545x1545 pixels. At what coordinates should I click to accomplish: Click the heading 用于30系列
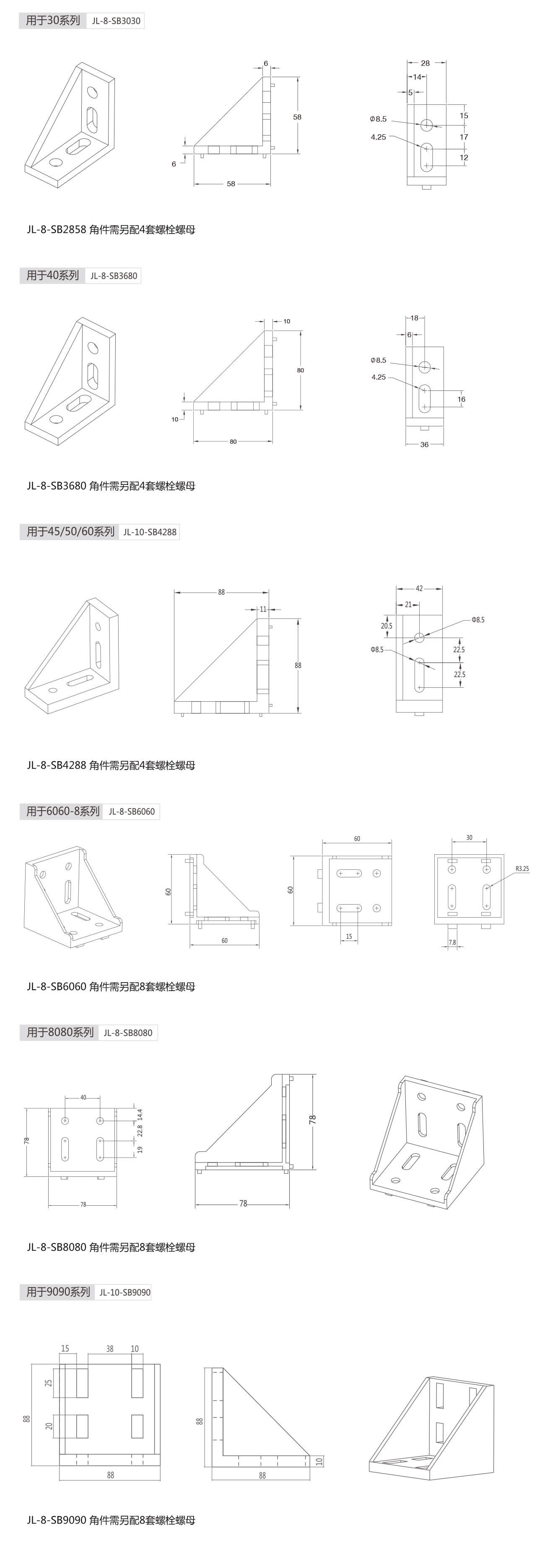tap(53, 21)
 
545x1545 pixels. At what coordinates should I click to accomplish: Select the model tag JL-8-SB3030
tap(116, 21)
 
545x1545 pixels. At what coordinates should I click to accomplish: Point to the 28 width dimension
tap(425, 63)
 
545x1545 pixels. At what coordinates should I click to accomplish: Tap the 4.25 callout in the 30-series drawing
tap(378, 137)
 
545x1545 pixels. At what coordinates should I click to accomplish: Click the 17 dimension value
tap(464, 137)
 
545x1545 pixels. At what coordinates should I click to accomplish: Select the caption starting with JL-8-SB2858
tap(111, 229)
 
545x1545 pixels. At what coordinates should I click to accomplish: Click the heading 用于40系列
tap(53, 276)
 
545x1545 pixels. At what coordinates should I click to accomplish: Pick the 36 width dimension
tap(425, 445)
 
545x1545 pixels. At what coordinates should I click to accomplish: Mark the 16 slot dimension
tap(461, 399)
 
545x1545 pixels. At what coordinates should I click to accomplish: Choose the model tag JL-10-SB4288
tap(150, 532)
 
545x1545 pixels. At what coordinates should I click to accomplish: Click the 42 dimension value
tap(419, 588)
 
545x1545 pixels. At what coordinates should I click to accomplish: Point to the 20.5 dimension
tap(387, 626)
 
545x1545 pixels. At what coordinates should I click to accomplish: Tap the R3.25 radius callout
tap(522, 869)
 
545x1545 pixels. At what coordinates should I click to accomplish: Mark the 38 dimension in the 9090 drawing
tap(110, 1349)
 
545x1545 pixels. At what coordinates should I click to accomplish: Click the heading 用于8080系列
tap(60, 1032)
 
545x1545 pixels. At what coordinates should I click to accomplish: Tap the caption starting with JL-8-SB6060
tap(111, 987)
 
